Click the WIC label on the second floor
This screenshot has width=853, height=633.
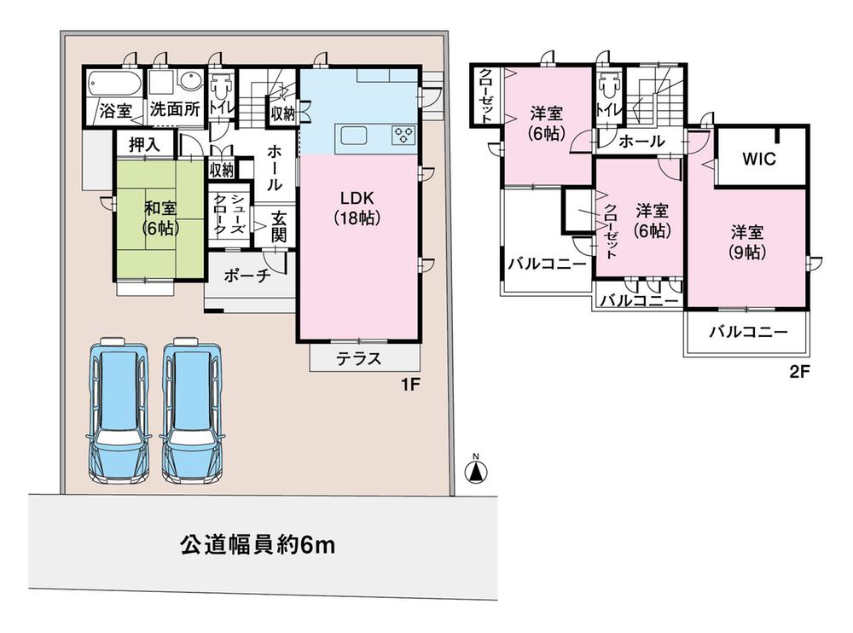click(x=758, y=160)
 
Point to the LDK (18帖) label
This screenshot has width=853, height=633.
click(x=357, y=207)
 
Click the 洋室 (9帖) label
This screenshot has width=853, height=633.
click(x=746, y=241)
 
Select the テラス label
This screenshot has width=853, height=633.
click(x=357, y=358)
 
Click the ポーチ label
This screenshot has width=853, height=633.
click(x=247, y=276)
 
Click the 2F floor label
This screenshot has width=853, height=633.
click(x=798, y=372)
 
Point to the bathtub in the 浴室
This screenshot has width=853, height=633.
click(x=113, y=84)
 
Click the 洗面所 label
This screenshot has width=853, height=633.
click(x=175, y=110)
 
